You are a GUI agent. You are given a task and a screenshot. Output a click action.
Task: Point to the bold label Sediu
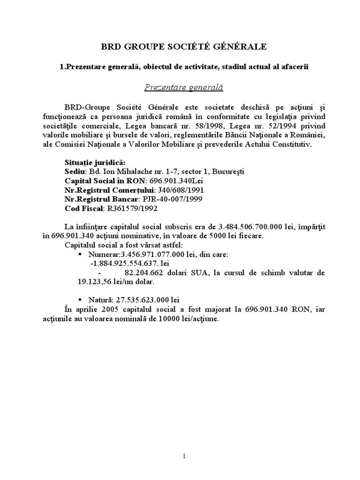[74, 171]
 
